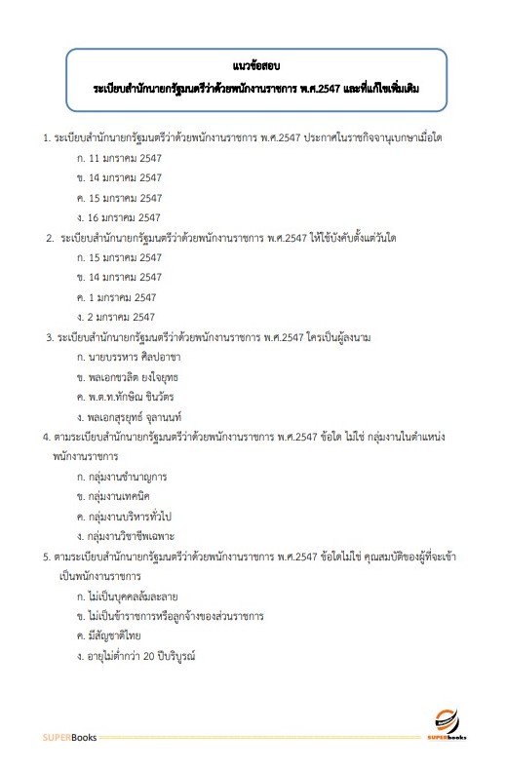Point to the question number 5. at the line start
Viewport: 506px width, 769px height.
(x=47, y=558)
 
